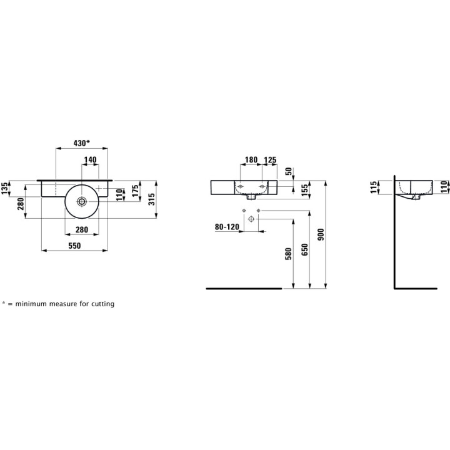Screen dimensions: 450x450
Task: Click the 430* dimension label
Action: pyautogui.click(x=82, y=143)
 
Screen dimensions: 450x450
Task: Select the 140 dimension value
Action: pyautogui.click(x=91, y=159)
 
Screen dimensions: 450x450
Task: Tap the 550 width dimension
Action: pyautogui.click(x=74, y=246)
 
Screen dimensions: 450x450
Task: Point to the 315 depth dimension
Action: pyautogui.click(x=152, y=199)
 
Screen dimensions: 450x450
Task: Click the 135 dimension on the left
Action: pyautogui.click(x=4, y=188)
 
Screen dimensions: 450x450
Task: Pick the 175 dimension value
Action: pyautogui.click(x=135, y=191)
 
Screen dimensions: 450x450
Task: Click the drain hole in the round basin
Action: pyautogui.click(x=82, y=201)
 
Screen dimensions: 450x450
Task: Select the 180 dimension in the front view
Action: pyautogui.click(x=251, y=159)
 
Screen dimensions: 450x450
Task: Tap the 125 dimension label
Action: pyautogui.click(x=270, y=159)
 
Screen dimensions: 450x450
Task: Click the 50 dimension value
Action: pyautogui.click(x=288, y=171)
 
